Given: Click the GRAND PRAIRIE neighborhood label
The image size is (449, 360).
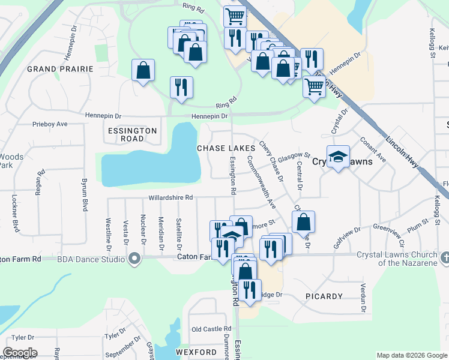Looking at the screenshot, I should tap(60, 69).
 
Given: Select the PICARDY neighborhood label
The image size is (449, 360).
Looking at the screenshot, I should tap(324, 296).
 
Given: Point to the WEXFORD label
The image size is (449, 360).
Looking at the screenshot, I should tap(196, 352).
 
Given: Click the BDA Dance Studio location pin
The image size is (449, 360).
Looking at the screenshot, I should tap(134, 259).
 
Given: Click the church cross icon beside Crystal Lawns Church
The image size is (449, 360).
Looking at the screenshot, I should tap(444, 257).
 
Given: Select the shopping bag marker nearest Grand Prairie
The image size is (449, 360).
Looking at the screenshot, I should tap(143, 70).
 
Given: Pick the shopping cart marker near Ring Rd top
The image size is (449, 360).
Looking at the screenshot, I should tap(235, 16).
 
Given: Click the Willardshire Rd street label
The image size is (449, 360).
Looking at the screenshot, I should tap(171, 197).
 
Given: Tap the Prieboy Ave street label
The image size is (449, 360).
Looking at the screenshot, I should tap(50, 124).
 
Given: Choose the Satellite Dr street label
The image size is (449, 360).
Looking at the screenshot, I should tap(179, 233).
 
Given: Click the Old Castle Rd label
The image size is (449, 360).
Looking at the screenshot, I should tap(211, 329).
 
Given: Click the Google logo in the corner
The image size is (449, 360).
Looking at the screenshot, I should tap(20, 353).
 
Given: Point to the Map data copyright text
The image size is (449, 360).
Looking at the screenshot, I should tap(411, 355).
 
